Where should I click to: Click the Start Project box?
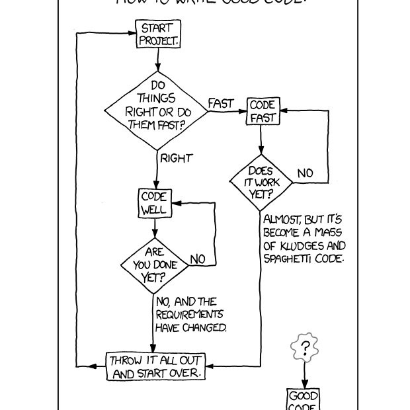coord(157,34)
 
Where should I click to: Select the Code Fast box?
coord(263,112)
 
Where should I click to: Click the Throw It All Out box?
coord(155,366)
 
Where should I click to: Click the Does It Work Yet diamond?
coord(261,183)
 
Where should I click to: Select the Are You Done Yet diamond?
coord(154,265)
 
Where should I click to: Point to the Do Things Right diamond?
coord(157,110)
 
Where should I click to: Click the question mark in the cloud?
coord(305,348)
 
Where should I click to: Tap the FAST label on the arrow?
coord(221,104)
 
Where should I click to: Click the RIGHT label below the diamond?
coord(176,158)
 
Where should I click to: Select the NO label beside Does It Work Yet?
coord(305,173)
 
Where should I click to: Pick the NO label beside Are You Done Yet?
coord(198,259)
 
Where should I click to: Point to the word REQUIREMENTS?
coord(189,315)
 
